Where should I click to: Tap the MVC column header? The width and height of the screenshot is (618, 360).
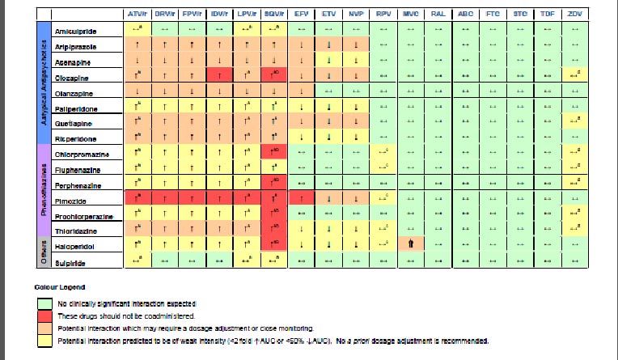pyautogui.click(x=410, y=15)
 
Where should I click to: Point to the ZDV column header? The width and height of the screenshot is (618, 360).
pyautogui.click(x=575, y=15)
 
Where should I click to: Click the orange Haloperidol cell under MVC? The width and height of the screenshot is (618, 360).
pyautogui.click(x=410, y=244)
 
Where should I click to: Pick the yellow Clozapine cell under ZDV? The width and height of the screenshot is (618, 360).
pyautogui.click(x=575, y=75)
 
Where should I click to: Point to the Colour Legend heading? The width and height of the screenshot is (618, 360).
pyautogui.click(x=55, y=287)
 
